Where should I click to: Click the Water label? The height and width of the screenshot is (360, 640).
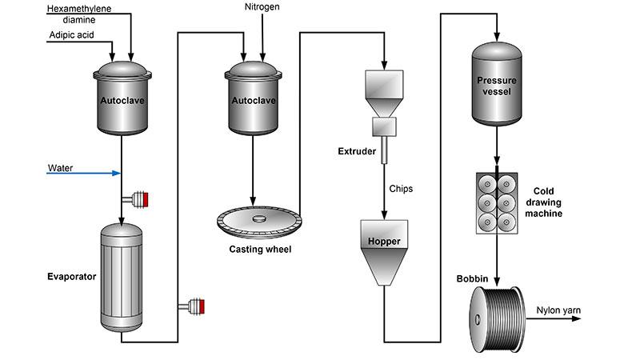[x=60, y=168]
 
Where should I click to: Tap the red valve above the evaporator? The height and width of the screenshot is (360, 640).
[x=144, y=198]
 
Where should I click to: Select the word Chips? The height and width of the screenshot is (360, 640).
[x=402, y=190]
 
